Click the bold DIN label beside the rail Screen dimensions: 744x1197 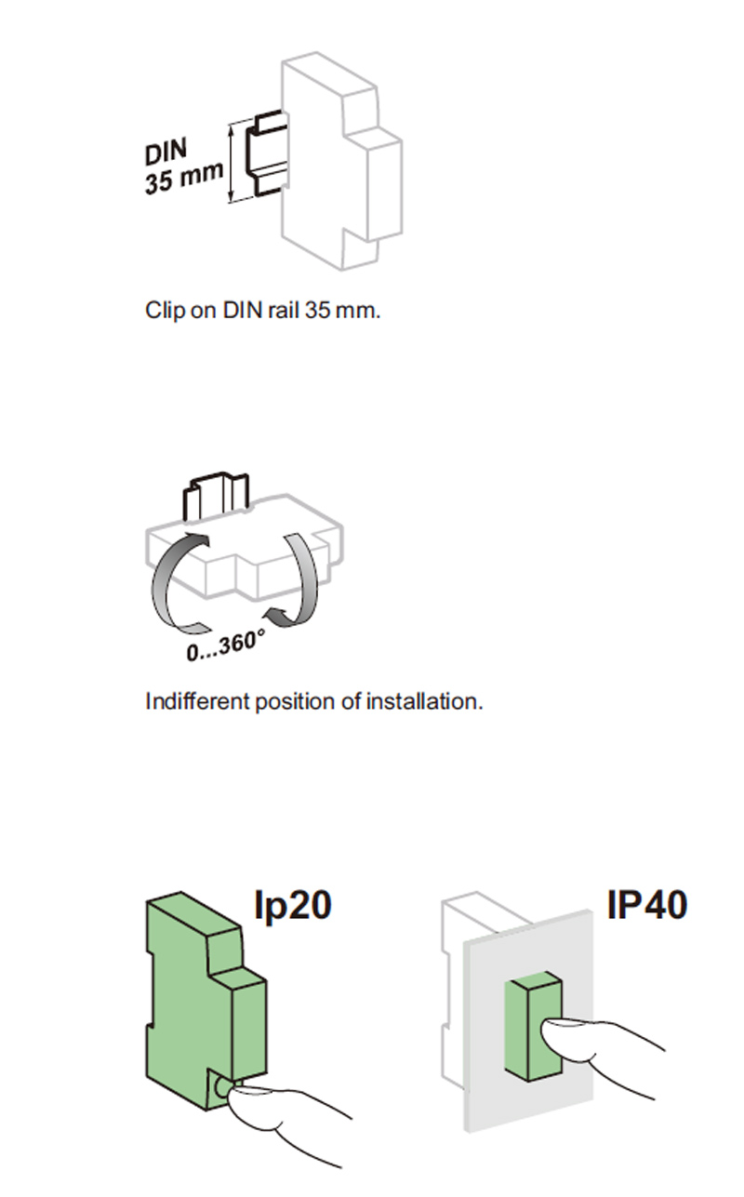click(166, 151)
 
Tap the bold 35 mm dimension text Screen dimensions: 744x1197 click(184, 178)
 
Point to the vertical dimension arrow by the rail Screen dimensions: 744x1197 click(232, 163)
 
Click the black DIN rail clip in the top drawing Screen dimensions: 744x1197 click(266, 153)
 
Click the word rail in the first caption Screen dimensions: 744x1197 click(284, 310)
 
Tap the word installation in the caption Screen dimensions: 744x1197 click(424, 701)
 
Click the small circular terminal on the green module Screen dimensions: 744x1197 click(221, 1086)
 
